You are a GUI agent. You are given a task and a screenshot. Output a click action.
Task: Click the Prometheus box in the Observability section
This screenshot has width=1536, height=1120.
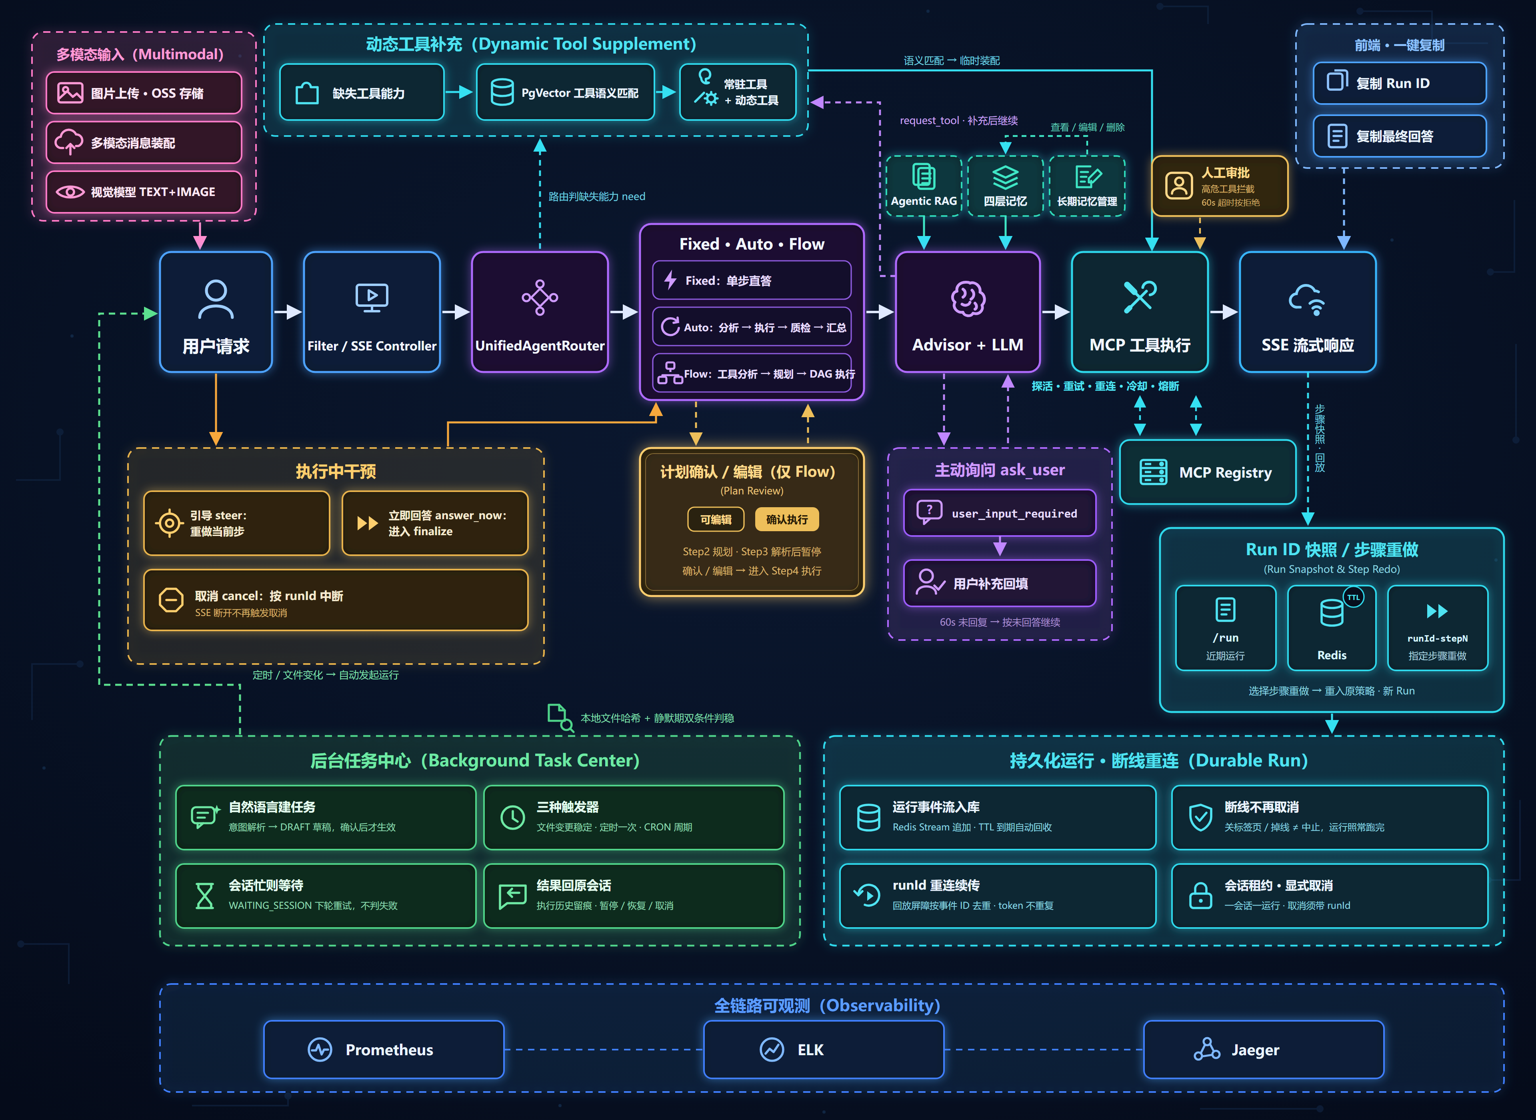(x=384, y=1050)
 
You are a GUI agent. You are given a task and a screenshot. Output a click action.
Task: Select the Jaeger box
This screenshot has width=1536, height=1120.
(x=1264, y=1050)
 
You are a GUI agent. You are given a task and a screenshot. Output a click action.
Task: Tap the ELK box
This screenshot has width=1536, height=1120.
(x=824, y=1050)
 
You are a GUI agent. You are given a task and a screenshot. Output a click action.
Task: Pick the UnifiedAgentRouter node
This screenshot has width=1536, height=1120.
(x=540, y=312)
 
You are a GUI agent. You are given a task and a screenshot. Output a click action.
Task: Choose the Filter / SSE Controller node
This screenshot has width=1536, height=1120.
(x=372, y=312)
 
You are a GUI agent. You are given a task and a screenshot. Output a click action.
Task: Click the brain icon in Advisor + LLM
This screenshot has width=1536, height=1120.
(x=968, y=298)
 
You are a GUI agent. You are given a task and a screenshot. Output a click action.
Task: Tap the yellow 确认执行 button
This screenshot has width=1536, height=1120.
(x=786, y=519)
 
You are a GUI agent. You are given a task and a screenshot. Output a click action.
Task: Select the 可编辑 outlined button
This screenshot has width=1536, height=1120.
(x=716, y=519)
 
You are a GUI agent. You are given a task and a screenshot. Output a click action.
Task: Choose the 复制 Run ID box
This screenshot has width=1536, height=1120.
(x=1399, y=83)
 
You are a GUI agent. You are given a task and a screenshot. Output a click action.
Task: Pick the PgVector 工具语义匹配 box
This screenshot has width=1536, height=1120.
(x=565, y=92)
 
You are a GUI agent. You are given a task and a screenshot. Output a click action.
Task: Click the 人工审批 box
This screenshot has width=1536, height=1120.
(x=1220, y=186)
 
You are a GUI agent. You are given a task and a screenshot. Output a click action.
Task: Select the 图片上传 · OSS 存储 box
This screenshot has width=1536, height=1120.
(x=144, y=93)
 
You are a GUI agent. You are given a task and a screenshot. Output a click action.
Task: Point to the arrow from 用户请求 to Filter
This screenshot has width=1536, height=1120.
(x=288, y=312)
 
